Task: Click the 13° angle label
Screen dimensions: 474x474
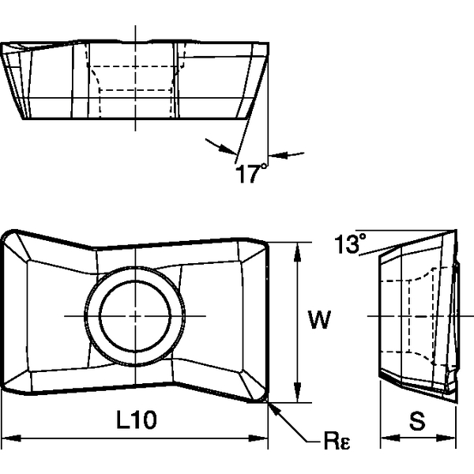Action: (348, 244)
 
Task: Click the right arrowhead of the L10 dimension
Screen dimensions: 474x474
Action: (265, 437)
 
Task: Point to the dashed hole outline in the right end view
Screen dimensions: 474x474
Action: (423, 316)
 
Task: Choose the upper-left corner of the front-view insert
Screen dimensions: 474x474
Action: (9, 235)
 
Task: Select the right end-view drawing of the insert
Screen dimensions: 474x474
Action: (417, 316)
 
